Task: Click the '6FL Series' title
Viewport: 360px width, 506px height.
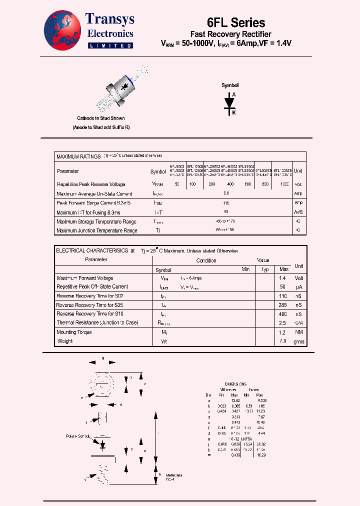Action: (236, 22)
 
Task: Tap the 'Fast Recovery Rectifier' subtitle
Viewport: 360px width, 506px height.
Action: (231, 34)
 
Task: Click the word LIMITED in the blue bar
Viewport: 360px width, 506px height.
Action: (110, 45)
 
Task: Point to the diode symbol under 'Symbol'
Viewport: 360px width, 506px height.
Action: (230, 102)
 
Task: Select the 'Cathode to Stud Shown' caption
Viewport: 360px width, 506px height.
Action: (100, 118)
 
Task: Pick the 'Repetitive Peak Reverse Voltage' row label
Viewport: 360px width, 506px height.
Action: (91, 184)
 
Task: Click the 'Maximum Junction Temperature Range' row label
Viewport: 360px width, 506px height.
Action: (97, 230)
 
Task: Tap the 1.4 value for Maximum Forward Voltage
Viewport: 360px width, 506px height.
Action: (283, 278)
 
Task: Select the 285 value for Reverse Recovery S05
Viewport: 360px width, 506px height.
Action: (283, 305)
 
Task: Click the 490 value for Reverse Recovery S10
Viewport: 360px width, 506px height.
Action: (283, 314)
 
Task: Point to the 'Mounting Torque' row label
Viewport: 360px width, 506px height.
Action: (74, 332)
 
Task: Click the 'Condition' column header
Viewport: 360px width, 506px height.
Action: (206, 260)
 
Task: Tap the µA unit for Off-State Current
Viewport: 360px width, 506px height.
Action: (298, 287)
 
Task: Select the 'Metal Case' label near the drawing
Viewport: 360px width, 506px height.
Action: (174, 475)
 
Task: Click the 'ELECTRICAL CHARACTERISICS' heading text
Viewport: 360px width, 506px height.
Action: (92, 250)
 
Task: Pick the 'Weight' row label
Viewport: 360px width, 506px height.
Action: (65, 341)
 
